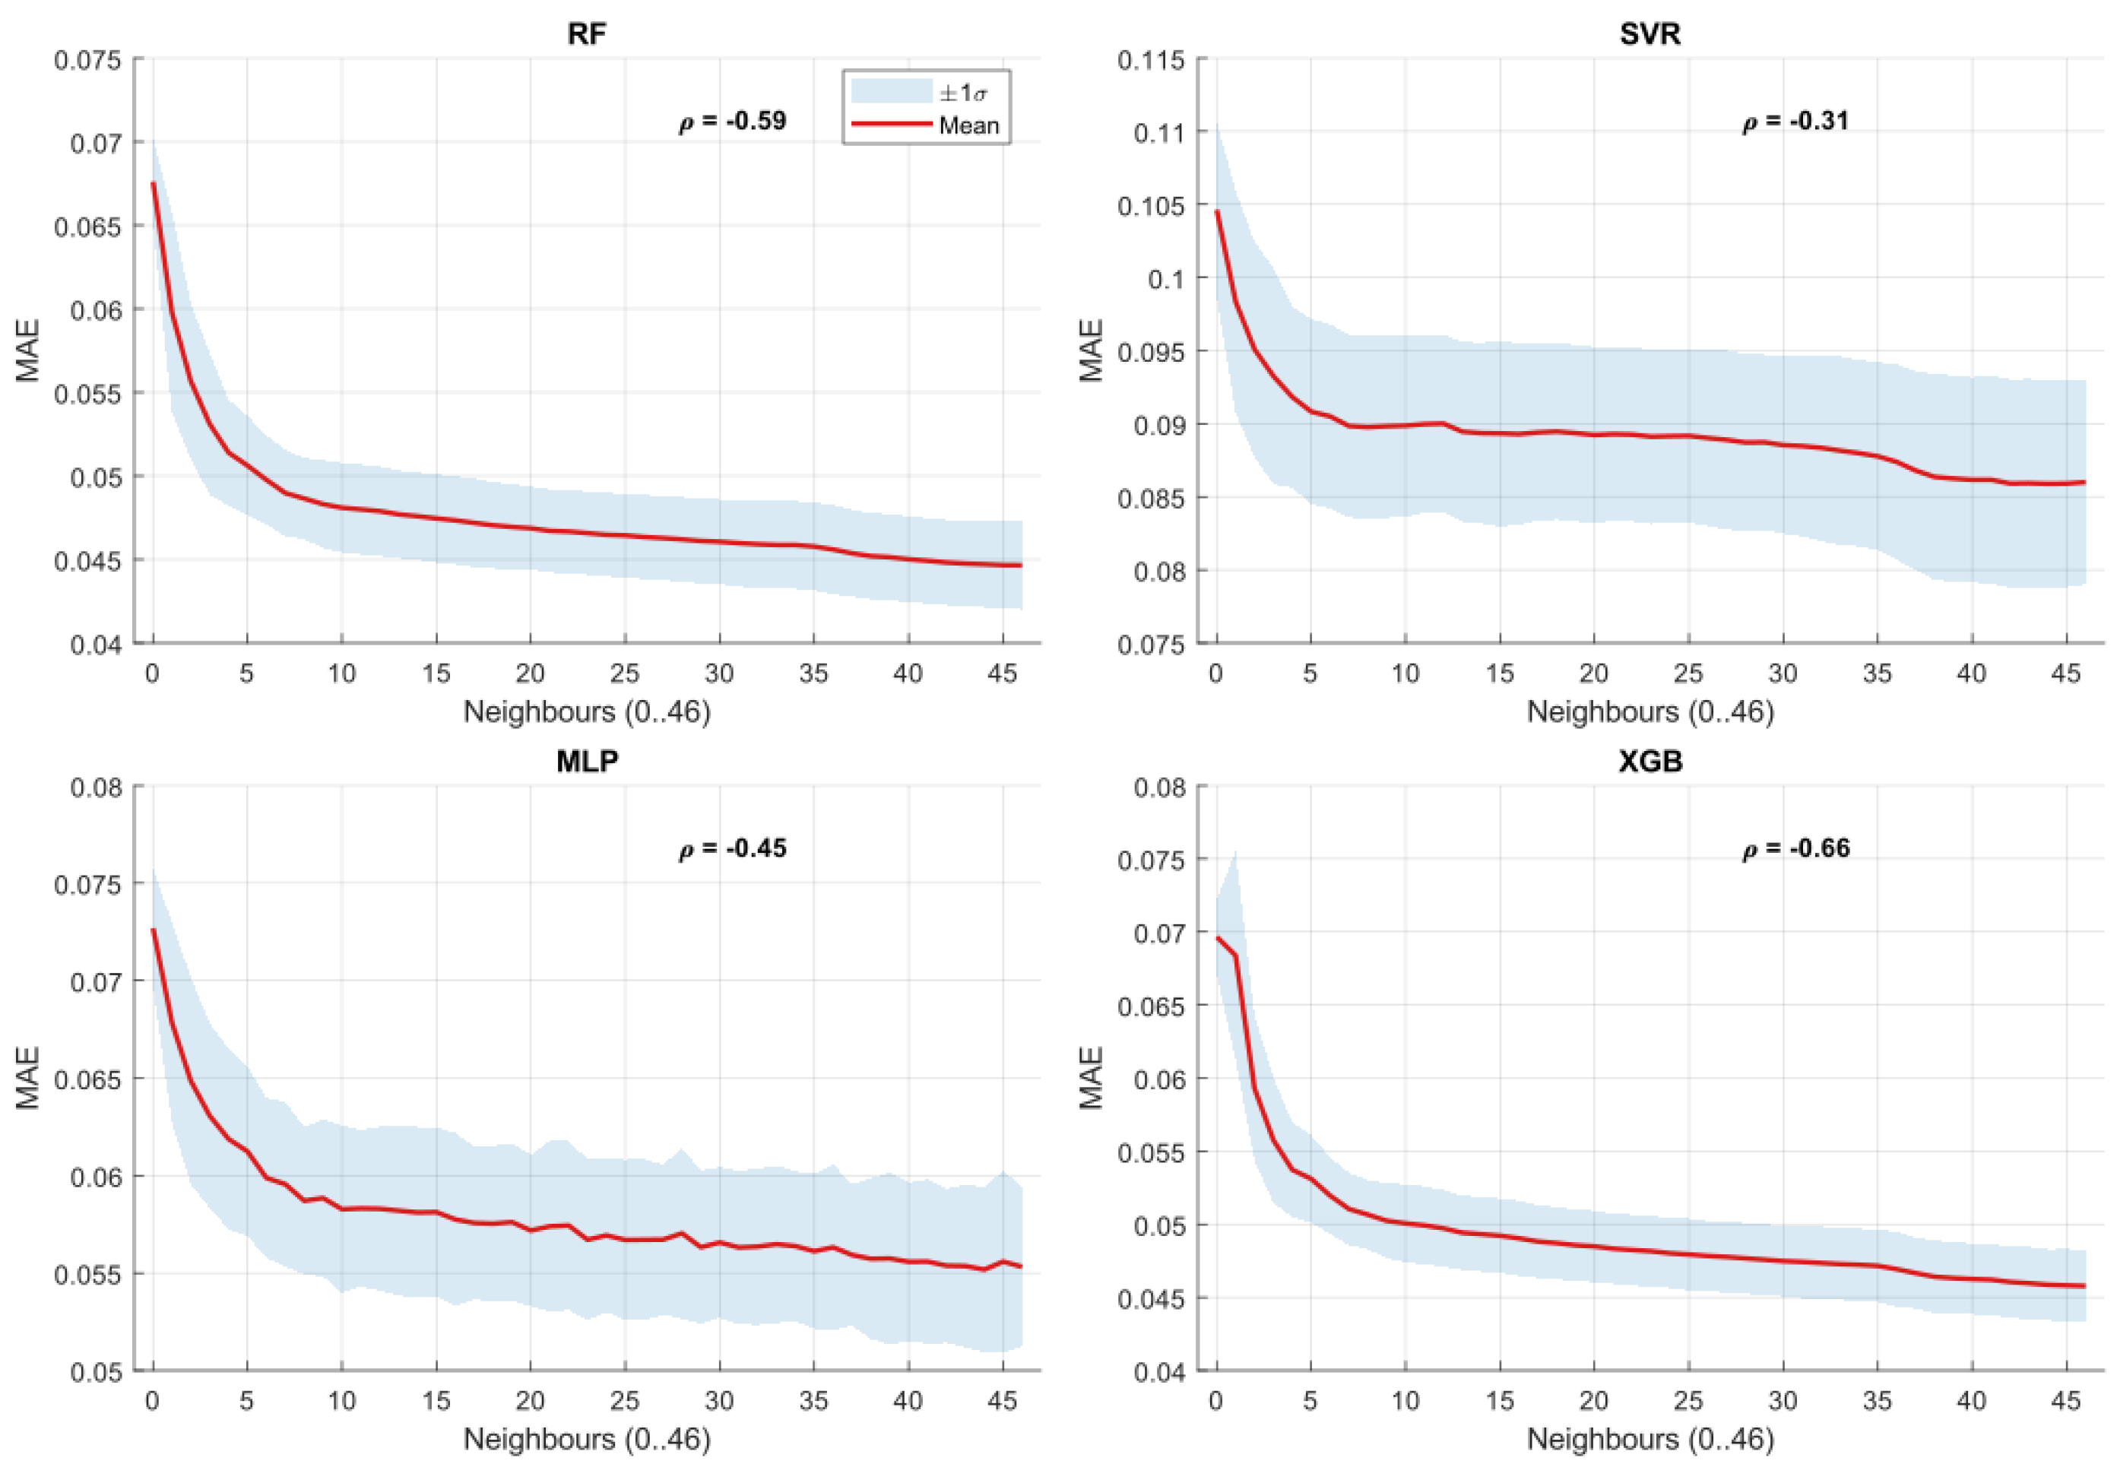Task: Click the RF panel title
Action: pyautogui.click(x=586, y=34)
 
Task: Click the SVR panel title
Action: pyautogui.click(x=1650, y=34)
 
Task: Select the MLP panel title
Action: pyautogui.click(x=586, y=762)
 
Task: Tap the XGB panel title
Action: pyautogui.click(x=1650, y=762)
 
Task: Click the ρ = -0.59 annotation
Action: pyautogui.click(x=732, y=121)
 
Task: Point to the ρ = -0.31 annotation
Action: pyautogui.click(x=1795, y=121)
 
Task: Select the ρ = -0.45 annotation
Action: pyautogui.click(x=732, y=848)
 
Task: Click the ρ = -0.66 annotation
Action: pyautogui.click(x=1795, y=848)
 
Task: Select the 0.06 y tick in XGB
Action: pyautogui.click(x=1158, y=1079)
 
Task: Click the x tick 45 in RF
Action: pyautogui.click(x=1002, y=674)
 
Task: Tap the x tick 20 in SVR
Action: pyautogui.click(x=1593, y=674)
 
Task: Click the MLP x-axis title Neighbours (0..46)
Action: pyautogui.click(x=586, y=1438)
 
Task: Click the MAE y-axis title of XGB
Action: pyautogui.click(x=1091, y=1078)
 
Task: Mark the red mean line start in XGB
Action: pyautogui.click(x=1217, y=937)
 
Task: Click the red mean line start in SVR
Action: pyautogui.click(x=1217, y=211)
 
